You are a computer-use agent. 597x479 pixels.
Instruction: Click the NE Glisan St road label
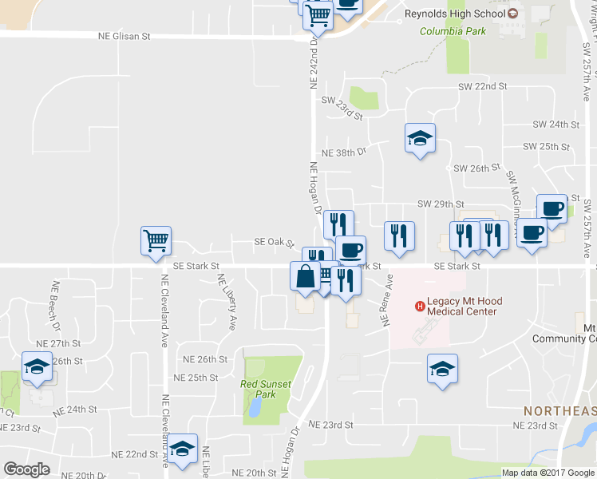pos(124,37)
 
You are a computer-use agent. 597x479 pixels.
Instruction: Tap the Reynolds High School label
pos(455,14)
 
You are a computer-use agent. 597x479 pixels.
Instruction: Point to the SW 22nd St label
pos(482,85)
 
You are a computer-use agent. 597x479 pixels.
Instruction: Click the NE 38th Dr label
pos(343,152)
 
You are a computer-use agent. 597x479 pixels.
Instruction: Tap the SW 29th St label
pos(441,205)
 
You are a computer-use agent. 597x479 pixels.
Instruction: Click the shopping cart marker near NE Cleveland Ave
pos(155,240)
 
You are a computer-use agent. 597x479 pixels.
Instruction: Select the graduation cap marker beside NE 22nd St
pos(183,449)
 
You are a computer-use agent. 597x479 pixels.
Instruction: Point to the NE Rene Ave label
pos(387,301)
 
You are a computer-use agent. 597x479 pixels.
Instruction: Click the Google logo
pos(26,469)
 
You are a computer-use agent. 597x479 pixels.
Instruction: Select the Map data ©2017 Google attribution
pos(547,473)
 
